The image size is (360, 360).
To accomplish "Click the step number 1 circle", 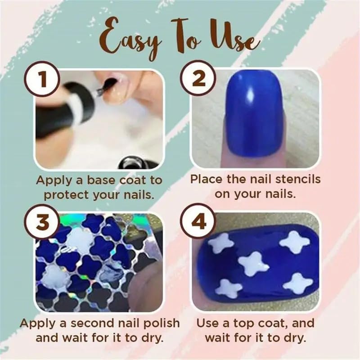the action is pyautogui.click(x=44, y=78).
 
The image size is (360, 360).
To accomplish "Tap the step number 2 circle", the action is pyautogui.click(x=198, y=78).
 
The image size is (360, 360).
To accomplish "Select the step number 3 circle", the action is pyautogui.click(x=43, y=221).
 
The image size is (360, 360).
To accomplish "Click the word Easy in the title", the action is pyautogui.click(x=130, y=38).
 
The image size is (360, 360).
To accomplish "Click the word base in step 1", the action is pyautogui.click(x=101, y=180).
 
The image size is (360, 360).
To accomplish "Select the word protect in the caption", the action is pyautogui.click(x=66, y=195).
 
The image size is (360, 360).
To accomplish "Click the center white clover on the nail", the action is pyautogui.click(x=253, y=264).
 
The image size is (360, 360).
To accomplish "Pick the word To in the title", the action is pyautogui.click(x=184, y=35).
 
